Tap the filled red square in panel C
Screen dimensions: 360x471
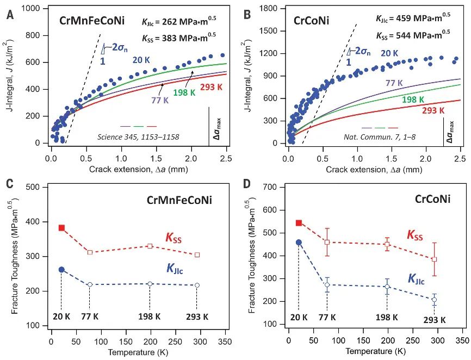(62, 228)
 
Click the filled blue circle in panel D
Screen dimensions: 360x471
(299, 243)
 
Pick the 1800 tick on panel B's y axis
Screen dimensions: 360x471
(270, 9)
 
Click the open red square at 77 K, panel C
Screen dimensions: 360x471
(90, 252)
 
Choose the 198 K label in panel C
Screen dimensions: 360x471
(150, 316)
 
